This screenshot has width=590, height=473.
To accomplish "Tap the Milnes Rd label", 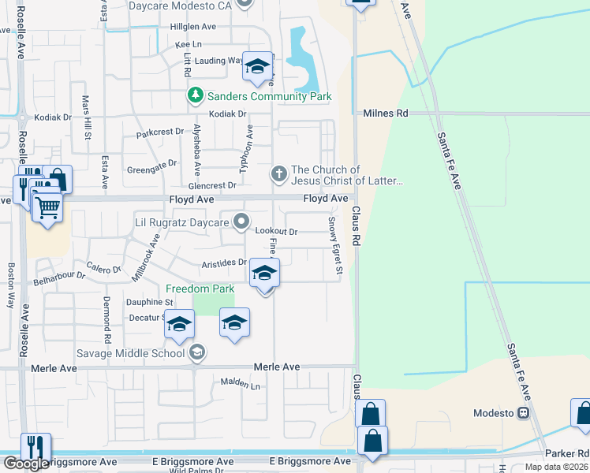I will pos(386,114).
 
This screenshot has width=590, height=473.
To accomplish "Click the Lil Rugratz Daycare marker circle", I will pos(242,222).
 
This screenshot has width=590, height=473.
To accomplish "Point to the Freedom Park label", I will pos(200,289).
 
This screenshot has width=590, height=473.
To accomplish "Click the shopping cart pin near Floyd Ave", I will pos(47,208).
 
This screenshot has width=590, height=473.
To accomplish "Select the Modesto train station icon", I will pos(523,413).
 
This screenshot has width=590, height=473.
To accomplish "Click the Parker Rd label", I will pos(571,453).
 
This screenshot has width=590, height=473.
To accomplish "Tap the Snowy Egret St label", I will pos(336,247).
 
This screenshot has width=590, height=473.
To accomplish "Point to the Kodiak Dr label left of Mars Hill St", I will pos(53,117).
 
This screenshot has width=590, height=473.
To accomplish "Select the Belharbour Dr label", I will pos(58,278).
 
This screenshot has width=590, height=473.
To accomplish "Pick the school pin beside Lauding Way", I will pos(257,68).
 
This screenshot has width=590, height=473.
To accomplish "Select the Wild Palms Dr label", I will pos(196,470).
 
